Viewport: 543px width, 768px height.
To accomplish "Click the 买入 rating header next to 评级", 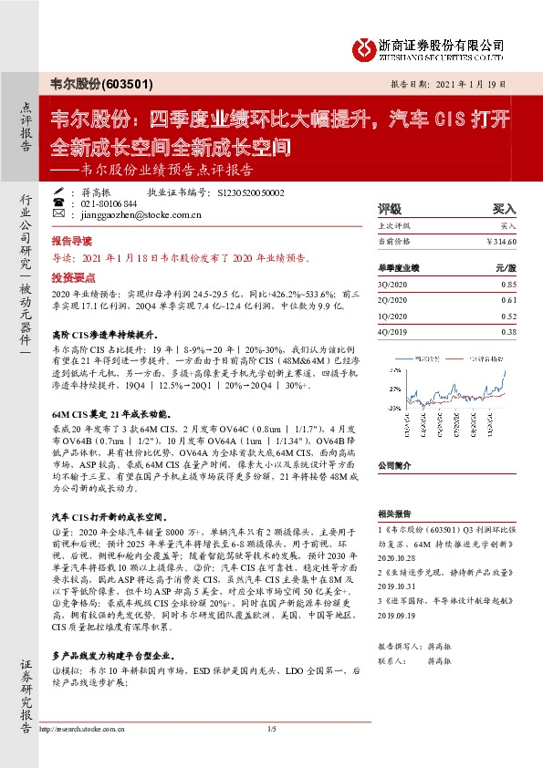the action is click(x=503, y=208).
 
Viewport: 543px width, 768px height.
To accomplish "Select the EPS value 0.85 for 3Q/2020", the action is click(x=507, y=285).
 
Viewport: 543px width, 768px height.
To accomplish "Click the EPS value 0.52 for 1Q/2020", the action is click(x=507, y=317).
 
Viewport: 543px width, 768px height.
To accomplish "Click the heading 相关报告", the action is click(x=397, y=515).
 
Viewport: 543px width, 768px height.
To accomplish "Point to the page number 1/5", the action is click(x=271, y=756).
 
